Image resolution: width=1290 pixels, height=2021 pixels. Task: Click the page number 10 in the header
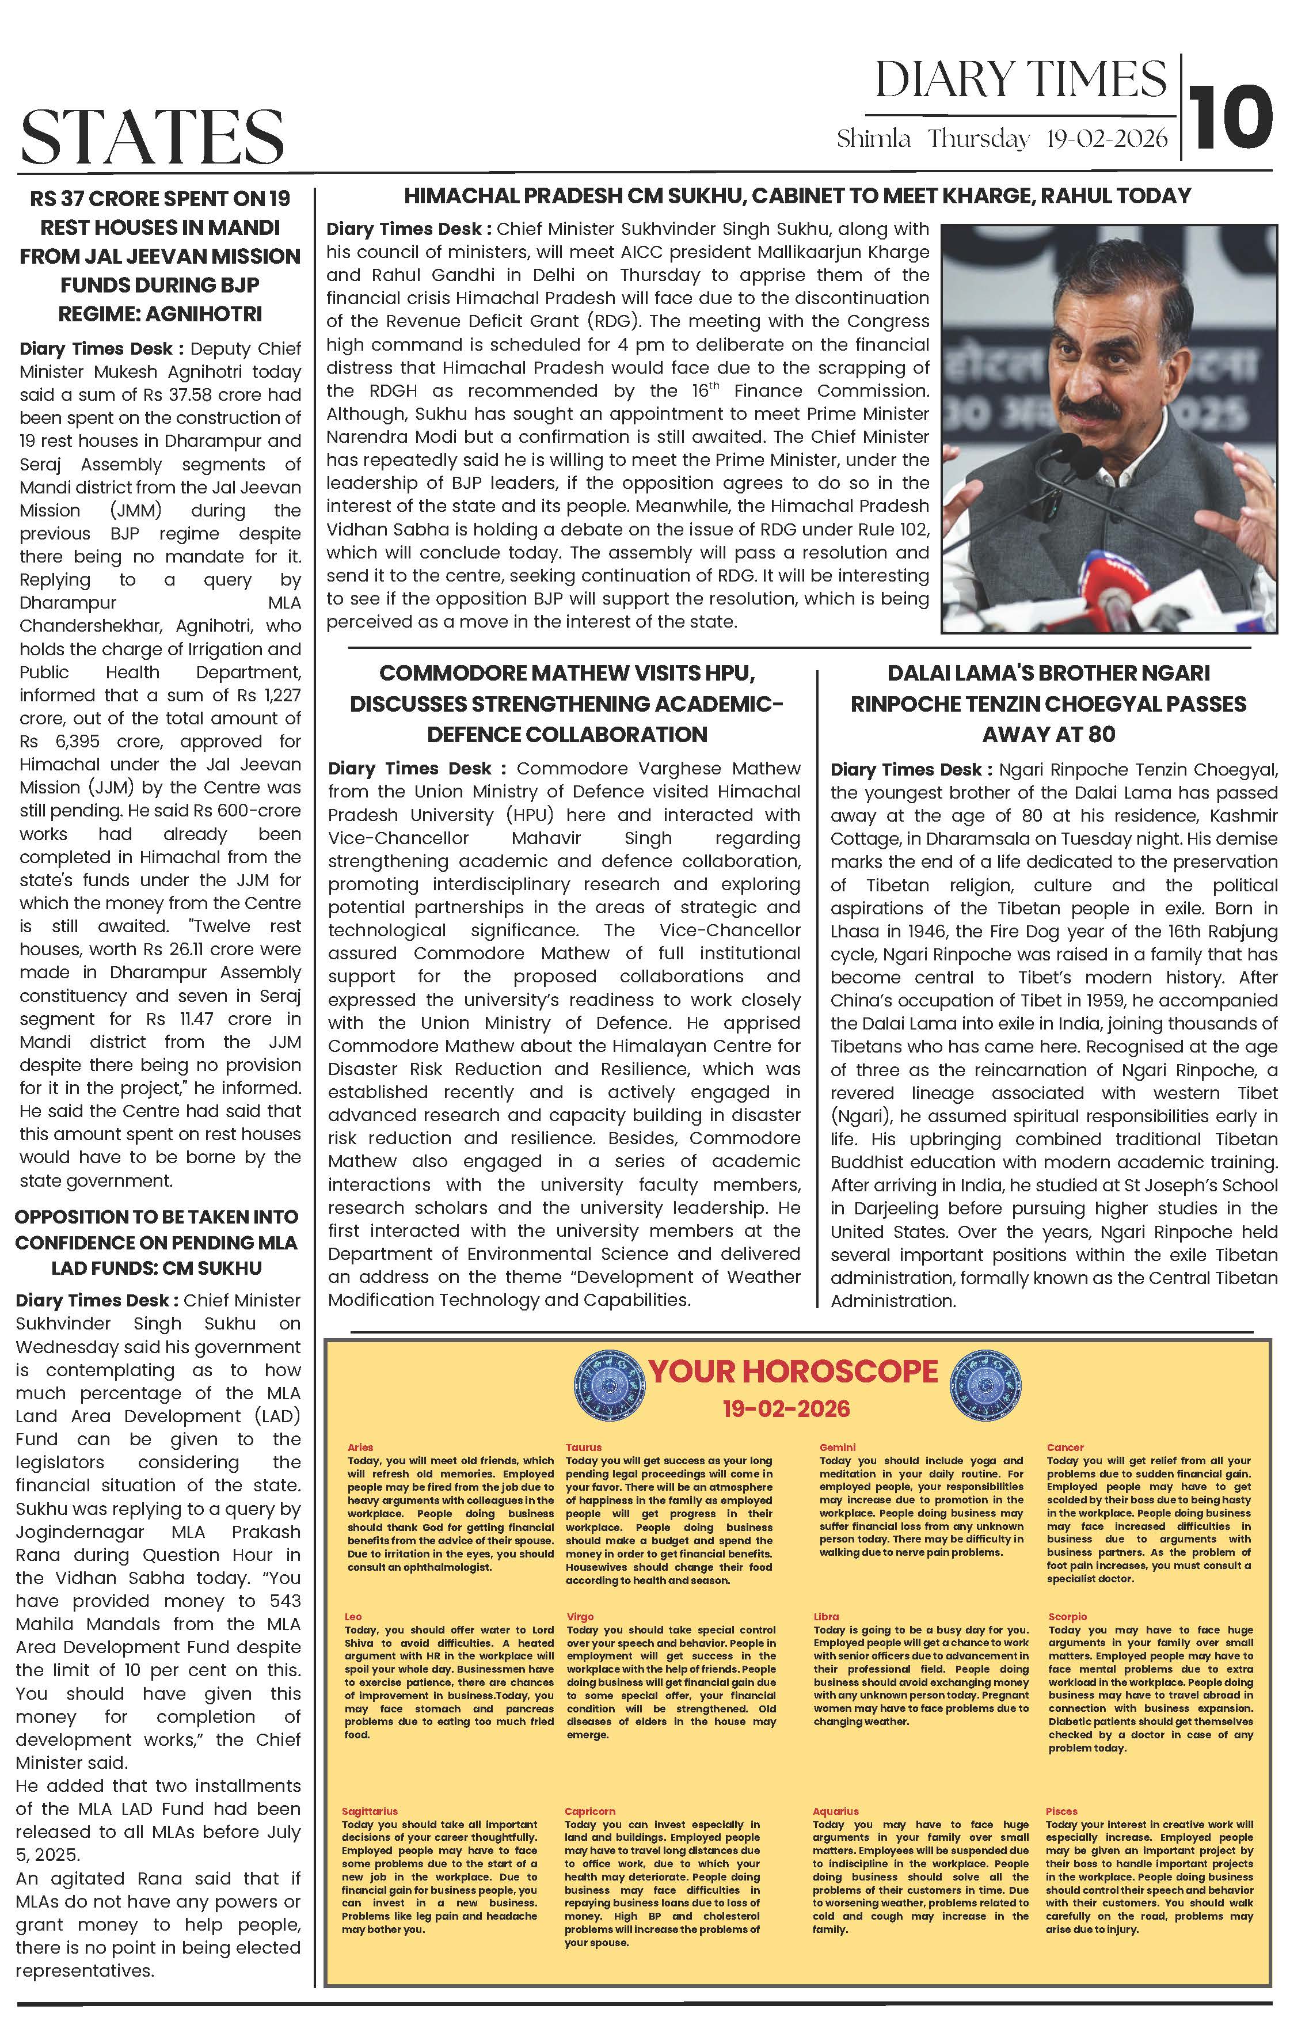(x=1231, y=115)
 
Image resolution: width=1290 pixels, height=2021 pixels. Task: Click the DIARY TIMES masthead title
(x=1021, y=81)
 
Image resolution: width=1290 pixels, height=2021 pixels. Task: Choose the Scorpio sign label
(x=1067, y=1616)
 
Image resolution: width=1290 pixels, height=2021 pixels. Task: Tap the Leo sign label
(x=353, y=1616)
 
